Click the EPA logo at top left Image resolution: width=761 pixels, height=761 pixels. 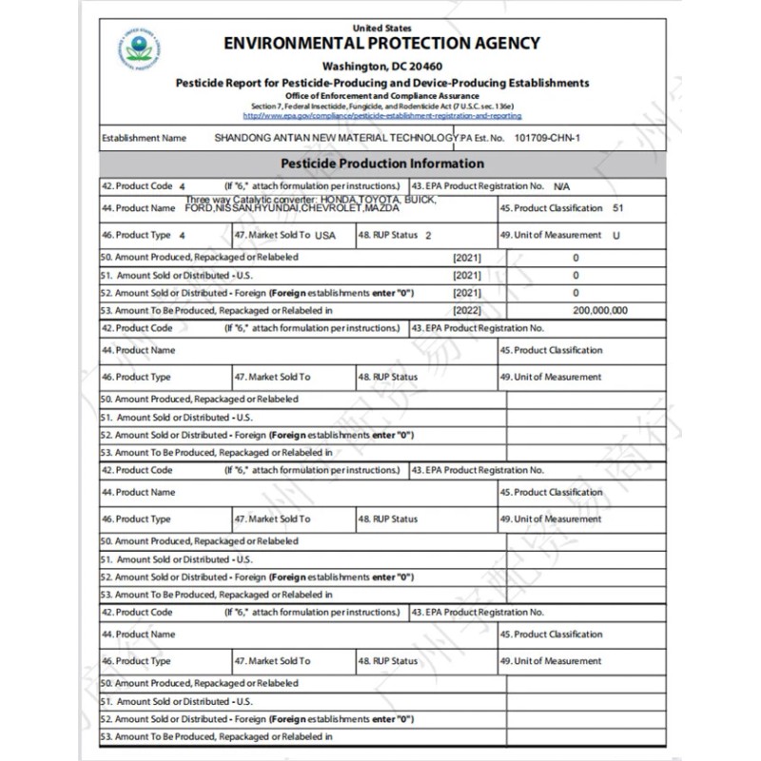pos(141,48)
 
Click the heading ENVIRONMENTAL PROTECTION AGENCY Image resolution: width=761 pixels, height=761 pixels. pos(381,43)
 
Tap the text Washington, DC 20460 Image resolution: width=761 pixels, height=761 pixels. pos(380,67)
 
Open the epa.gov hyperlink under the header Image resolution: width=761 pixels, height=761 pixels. pos(382,116)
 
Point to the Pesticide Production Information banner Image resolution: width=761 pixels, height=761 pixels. pos(381,164)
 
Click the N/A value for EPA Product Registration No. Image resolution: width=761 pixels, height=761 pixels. pos(561,185)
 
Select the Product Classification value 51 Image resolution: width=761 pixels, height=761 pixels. pos(618,207)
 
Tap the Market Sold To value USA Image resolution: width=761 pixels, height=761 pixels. pos(326,235)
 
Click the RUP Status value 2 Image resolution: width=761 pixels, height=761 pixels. pos(429,235)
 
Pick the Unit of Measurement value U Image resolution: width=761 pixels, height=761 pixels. pos(616,235)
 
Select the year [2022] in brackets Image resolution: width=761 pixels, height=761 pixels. pos(467,310)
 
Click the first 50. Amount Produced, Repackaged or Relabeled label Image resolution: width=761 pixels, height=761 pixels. pos(199,257)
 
